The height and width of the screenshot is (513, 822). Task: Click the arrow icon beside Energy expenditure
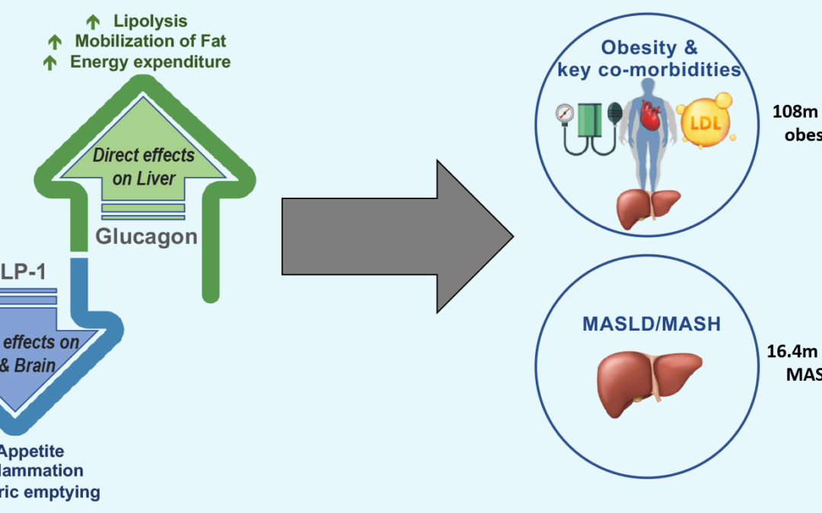tap(51, 63)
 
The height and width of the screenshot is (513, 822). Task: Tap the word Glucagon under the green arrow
tap(146, 236)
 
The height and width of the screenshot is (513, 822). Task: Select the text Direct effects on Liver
tap(145, 167)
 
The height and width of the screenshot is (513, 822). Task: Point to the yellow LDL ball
tap(708, 122)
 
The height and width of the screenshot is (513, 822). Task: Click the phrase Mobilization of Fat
tap(151, 41)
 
